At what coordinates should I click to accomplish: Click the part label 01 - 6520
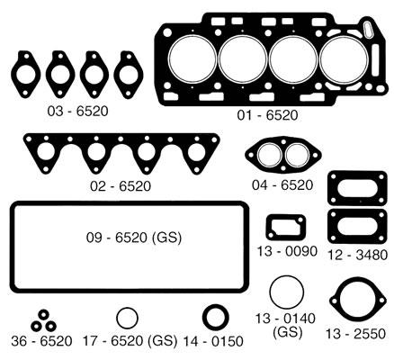(x=267, y=115)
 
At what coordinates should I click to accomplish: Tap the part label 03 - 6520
(x=77, y=112)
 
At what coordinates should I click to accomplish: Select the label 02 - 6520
(x=121, y=186)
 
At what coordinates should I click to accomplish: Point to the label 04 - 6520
(x=282, y=185)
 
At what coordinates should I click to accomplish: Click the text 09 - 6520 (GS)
(x=134, y=238)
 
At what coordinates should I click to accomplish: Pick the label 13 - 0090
(x=287, y=251)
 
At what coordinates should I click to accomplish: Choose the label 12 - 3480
(x=357, y=255)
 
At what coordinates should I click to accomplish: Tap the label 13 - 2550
(x=355, y=334)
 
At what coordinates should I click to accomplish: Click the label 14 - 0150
(x=213, y=341)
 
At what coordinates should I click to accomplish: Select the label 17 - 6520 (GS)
(x=130, y=341)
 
